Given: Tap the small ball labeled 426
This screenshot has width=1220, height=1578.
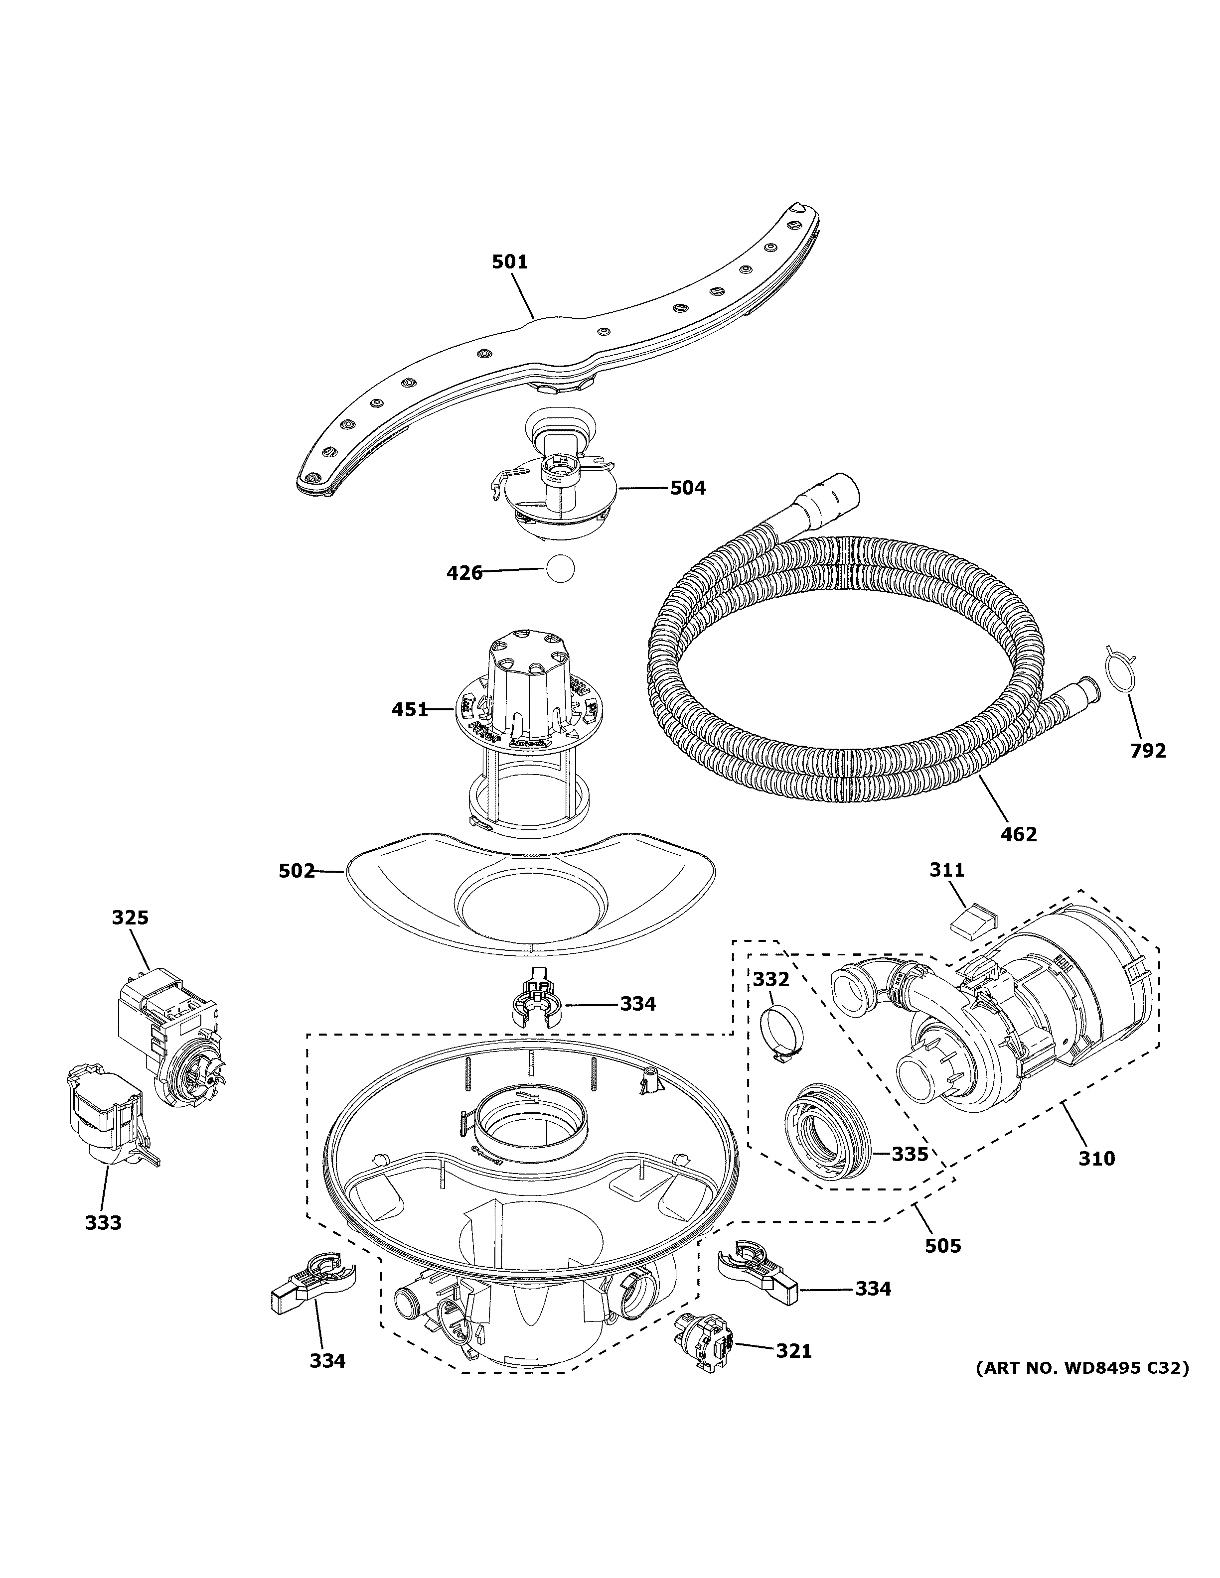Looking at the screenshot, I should coord(560,569).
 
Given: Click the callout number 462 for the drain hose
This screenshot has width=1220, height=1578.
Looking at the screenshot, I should coord(1018,834).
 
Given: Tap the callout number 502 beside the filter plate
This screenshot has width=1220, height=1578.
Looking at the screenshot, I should coord(297,871).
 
